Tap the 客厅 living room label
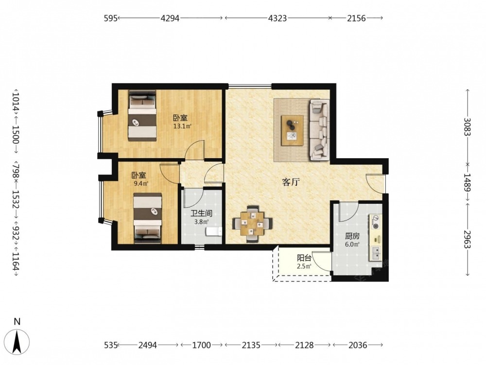click(291, 182)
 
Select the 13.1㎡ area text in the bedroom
click(182, 127)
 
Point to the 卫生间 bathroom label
click(201, 214)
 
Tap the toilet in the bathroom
click(214, 231)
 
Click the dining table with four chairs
click(253, 223)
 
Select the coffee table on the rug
click(292, 130)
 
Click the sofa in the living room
click(319, 130)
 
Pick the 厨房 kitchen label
click(352, 237)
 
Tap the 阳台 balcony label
click(304, 258)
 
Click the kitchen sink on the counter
click(376, 253)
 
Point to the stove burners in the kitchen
click(376, 222)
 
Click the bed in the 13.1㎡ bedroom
click(142, 116)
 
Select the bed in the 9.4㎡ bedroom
click(148, 218)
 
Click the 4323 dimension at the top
click(278, 18)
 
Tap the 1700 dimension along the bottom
click(202, 345)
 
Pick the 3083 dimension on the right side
click(468, 127)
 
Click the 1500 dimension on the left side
click(16, 134)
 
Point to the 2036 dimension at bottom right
click(358, 345)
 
